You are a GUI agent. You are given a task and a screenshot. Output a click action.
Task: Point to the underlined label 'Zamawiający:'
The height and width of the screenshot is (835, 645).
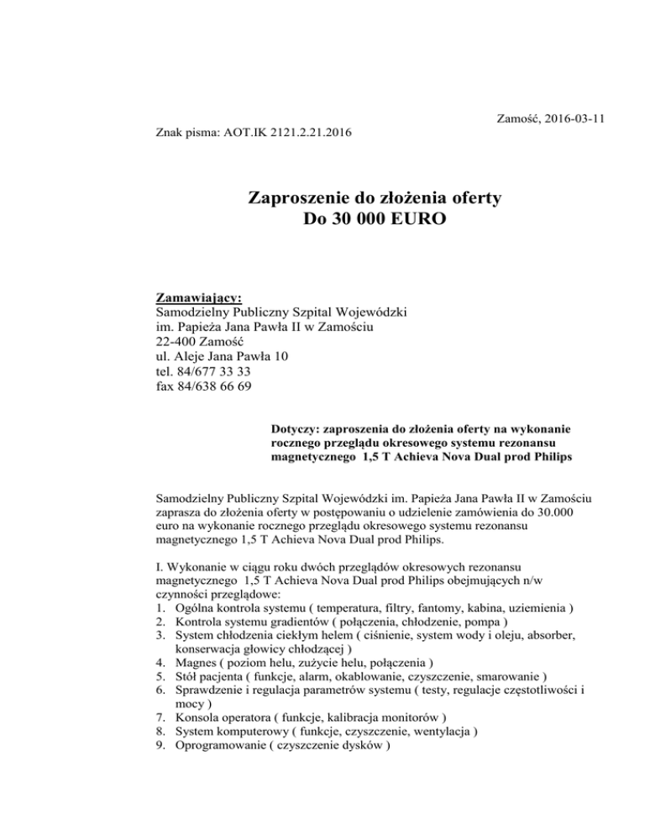(x=199, y=297)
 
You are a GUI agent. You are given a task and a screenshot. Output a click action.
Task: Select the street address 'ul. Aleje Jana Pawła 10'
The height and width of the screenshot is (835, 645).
(x=222, y=357)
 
